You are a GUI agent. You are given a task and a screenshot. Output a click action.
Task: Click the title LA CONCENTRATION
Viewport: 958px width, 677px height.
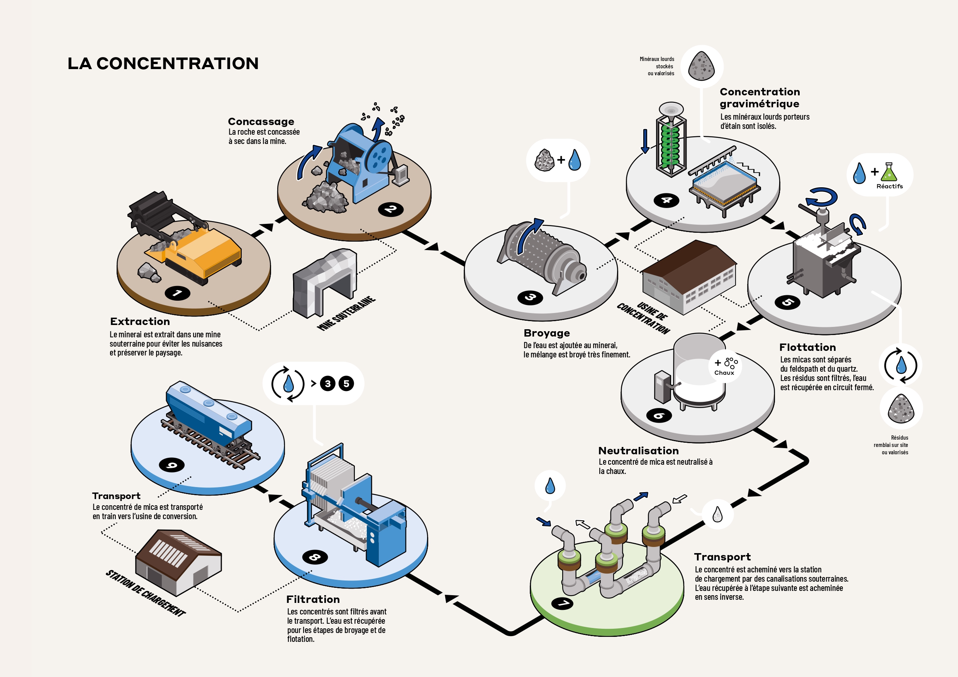pyautogui.click(x=163, y=63)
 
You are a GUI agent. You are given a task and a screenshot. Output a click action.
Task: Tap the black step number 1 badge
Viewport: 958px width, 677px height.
pyautogui.click(x=177, y=293)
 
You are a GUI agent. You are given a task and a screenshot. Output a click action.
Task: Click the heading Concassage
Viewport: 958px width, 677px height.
pyautogui.click(x=261, y=121)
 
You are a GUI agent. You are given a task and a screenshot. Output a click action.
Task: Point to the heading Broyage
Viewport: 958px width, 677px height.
pyautogui.click(x=547, y=333)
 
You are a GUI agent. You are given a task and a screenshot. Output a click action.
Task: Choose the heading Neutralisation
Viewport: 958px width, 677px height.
pyautogui.click(x=638, y=450)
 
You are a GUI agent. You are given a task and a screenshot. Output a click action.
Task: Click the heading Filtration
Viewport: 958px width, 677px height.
pyautogui.click(x=313, y=599)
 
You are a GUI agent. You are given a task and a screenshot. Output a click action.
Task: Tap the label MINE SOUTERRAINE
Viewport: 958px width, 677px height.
pyautogui.click(x=346, y=313)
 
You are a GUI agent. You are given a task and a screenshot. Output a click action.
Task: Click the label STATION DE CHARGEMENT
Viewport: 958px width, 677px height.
pyautogui.click(x=146, y=593)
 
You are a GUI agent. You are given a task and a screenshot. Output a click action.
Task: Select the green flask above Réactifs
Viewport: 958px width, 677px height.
pyautogui.click(x=889, y=172)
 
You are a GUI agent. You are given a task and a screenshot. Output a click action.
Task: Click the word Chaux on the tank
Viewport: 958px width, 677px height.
pyautogui.click(x=724, y=373)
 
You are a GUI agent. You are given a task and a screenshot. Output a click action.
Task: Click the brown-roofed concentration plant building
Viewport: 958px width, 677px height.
pyautogui.click(x=689, y=277)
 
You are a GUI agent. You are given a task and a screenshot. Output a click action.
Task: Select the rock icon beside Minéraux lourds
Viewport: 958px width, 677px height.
pyautogui.click(x=701, y=66)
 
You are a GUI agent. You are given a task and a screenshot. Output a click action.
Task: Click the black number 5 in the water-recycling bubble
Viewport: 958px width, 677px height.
pyautogui.click(x=346, y=384)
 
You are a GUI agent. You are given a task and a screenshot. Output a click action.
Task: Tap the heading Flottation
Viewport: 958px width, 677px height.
pyautogui.click(x=807, y=347)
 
